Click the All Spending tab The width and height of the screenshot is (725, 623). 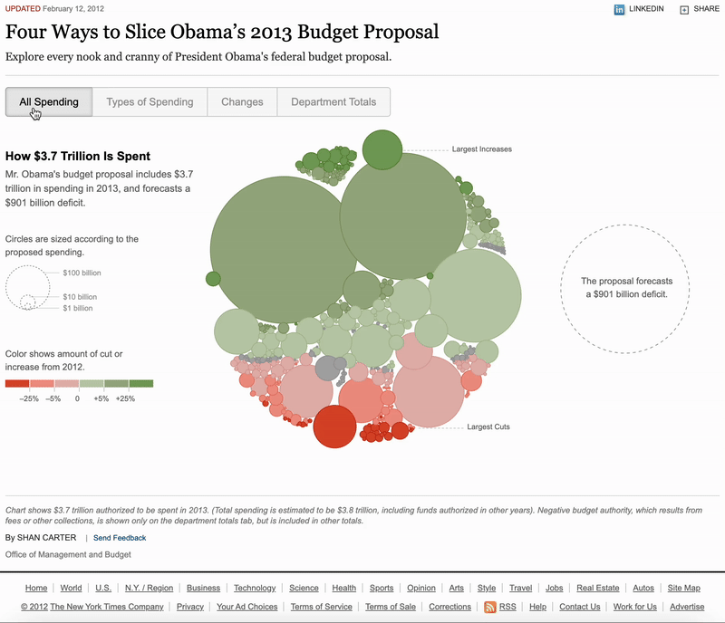[x=49, y=101]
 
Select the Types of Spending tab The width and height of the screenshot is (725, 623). [x=150, y=101]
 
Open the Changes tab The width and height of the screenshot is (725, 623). [x=242, y=101]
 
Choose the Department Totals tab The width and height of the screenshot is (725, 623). [x=333, y=101]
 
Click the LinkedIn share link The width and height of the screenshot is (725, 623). [x=640, y=9]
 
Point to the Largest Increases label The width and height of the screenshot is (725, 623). [x=481, y=149]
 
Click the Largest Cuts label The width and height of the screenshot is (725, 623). [x=488, y=427]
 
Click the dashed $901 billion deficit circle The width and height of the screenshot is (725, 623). [x=624, y=287]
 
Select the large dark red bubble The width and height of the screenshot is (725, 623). [x=334, y=427]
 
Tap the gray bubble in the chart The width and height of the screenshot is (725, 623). [x=327, y=369]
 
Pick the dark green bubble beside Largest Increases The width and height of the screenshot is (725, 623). [x=382, y=149]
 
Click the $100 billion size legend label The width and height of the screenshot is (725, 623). [x=82, y=273]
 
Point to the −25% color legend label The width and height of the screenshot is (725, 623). [x=29, y=398]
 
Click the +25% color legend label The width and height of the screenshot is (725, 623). [x=125, y=398]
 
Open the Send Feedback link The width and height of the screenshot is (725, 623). [x=119, y=538]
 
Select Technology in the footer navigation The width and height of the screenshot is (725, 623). [x=254, y=588]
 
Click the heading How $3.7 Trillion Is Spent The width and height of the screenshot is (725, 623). [x=78, y=156]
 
